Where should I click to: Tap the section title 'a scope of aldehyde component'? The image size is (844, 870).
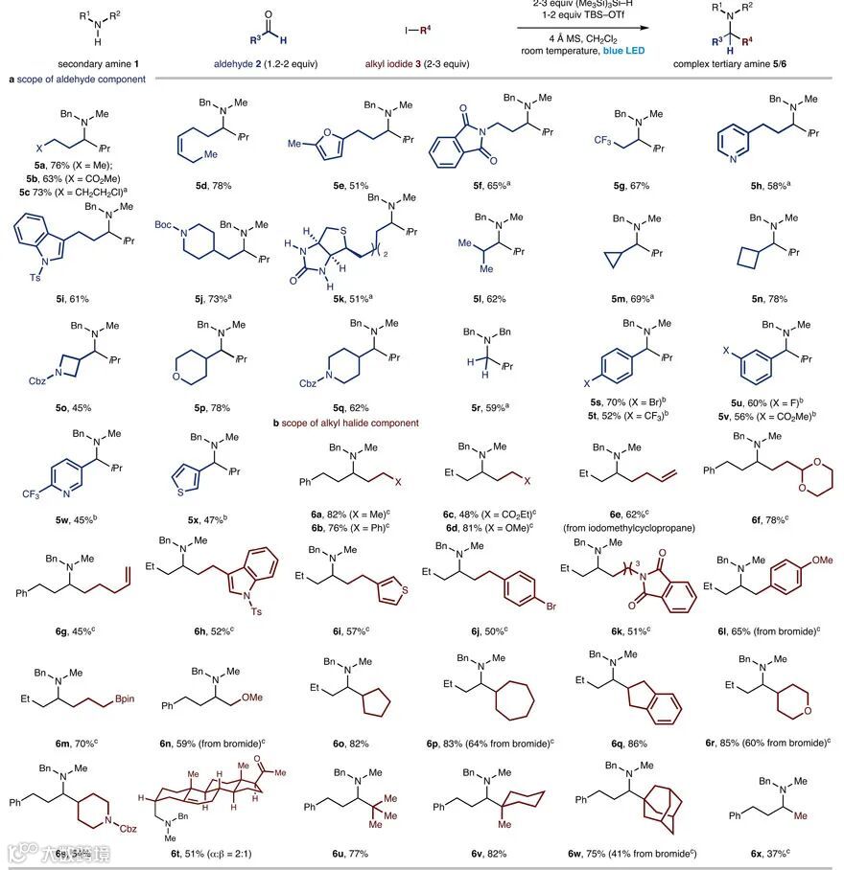click(x=76, y=80)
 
